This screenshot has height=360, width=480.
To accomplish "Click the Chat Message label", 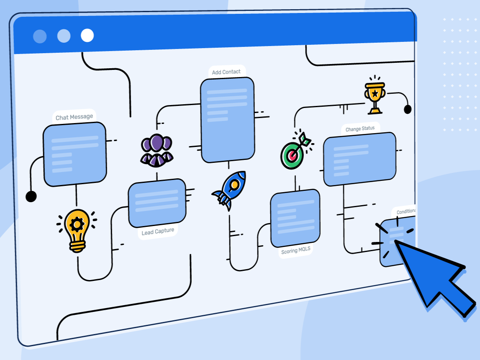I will (74, 117).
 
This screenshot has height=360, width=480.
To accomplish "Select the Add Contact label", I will (226, 72).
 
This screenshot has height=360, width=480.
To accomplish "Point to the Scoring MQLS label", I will (296, 251).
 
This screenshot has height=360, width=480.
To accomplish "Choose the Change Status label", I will (360, 129).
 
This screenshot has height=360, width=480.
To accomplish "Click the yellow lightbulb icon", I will (77, 230).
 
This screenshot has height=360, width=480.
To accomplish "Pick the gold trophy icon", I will (375, 96).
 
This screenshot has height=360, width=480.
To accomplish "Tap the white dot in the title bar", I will (87, 36).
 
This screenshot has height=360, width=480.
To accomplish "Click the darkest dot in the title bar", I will (40, 36).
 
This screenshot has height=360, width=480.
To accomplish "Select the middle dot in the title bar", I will (64, 36).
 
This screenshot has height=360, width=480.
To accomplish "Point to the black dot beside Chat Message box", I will (31, 196).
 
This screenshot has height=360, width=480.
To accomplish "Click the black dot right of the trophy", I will (407, 109).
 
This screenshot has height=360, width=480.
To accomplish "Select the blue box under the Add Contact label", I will (227, 120).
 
